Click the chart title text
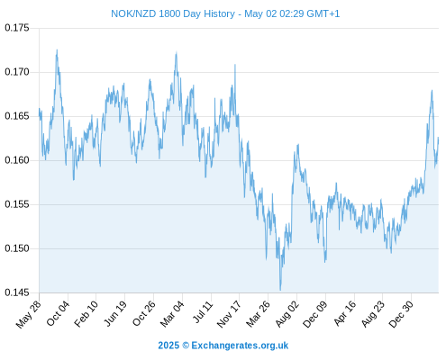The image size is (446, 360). (225, 13)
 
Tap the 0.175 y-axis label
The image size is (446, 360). (17, 28)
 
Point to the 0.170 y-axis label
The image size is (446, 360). (17, 72)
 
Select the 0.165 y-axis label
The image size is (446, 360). (17, 116)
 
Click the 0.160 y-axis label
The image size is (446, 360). (17, 160)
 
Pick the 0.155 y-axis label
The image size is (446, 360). (17, 204)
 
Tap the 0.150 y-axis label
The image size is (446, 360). (17, 248)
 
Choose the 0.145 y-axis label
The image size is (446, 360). (17, 292)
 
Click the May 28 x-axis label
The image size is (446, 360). (29, 314)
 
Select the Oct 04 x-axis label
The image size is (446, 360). (58, 313)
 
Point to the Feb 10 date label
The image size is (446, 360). (86, 314)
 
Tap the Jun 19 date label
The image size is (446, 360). (114, 314)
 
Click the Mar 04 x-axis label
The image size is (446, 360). (172, 314)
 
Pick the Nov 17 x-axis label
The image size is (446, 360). (229, 314)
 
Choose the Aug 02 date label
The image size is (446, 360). (287, 314)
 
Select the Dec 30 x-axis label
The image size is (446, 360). (402, 314)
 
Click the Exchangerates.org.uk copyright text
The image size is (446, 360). (223, 346)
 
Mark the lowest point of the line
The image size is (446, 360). (280, 290)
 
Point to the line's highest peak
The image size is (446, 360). (57, 50)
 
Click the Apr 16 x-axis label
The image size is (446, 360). (345, 313)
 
